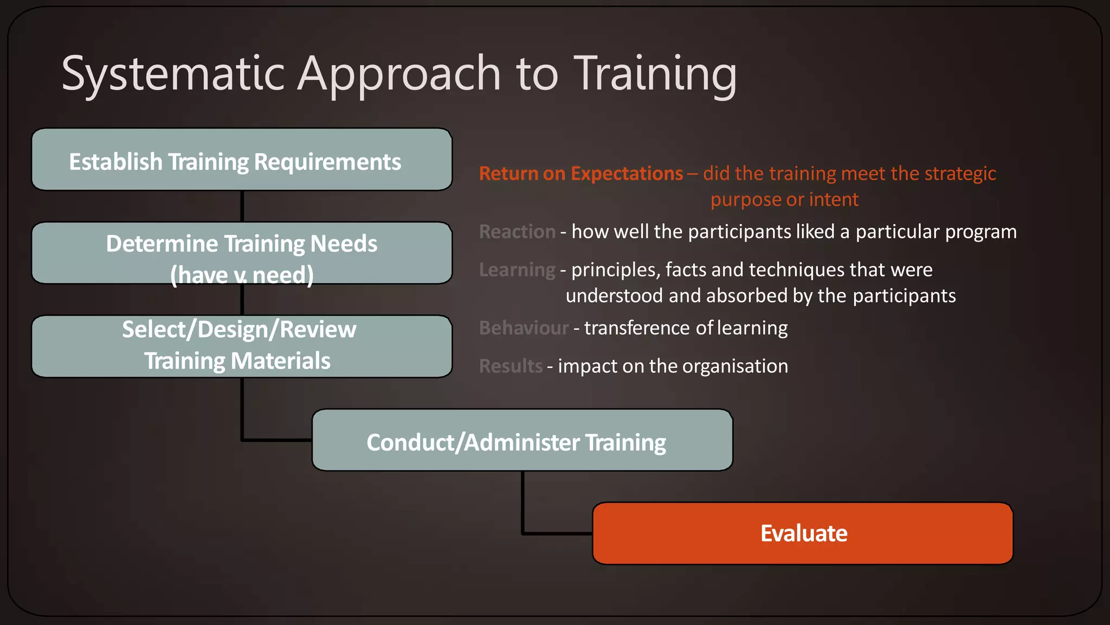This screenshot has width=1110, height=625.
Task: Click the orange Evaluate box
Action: point(803,533)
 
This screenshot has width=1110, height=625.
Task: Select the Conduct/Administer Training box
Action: point(522,441)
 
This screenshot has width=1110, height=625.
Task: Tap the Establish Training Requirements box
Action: point(242,160)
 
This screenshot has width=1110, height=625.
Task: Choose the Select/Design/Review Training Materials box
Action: point(242,346)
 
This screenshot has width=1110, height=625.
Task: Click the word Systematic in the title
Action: point(173,74)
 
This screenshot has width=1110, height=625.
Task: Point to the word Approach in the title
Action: point(399,74)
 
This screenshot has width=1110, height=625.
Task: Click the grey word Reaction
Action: point(517,232)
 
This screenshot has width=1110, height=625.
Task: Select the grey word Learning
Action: point(517,270)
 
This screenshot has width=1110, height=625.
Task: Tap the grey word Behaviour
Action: point(524,328)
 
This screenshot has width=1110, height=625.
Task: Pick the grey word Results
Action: point(511,366)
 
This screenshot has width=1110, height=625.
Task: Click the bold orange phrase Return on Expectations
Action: point(580,174)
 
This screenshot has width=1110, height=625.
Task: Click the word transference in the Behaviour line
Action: point(637,328)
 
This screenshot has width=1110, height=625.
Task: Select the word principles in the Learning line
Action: point(612,270)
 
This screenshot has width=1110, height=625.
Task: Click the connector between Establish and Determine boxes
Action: point(242,206)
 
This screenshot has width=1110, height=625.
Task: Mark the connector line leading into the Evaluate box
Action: point(558,534)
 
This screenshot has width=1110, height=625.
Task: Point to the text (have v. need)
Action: point(242,275)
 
